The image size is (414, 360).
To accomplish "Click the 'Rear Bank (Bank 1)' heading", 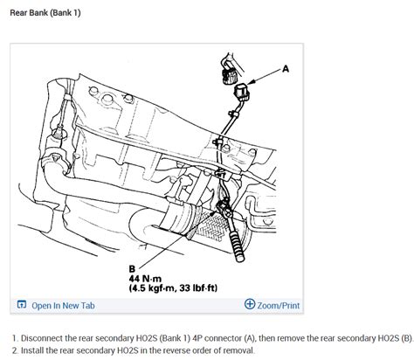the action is tap(45, 13).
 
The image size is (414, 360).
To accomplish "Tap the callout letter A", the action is tap(286, 69).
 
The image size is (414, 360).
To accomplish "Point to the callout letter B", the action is tap(132, 268).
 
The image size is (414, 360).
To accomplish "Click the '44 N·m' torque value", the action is tap(145, 279).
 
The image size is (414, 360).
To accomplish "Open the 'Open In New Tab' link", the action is tap(63, 306).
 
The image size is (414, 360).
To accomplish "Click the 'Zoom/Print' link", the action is tap(279, 306).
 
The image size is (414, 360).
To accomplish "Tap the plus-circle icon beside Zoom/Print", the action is tap(250, 304).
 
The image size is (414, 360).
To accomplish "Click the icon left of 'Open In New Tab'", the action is tap(22, 305).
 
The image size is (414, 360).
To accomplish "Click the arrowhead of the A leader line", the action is tap(250, 82).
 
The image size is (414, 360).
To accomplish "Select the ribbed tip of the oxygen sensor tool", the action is tap(237, 246).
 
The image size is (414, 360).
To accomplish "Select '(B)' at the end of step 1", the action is tap(407, 338).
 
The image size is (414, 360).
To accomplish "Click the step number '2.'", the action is tap(16, 350).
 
